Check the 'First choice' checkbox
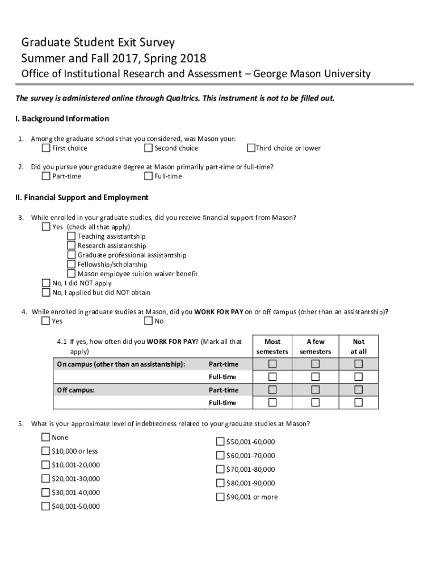click(x=46, y=148)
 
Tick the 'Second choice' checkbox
click(x=148, y=148)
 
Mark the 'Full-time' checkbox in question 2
click(x=148, y=176)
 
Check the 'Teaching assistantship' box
click(x=72, y=236)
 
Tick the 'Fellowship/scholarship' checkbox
click(x=72, y=264)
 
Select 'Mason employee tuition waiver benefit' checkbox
click(x=72, y=274)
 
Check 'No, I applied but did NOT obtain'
click(x=46, y=293)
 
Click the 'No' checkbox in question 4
click(x=148, y=321)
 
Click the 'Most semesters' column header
click(x=272, y=347)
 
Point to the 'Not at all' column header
click(x=359, y=347)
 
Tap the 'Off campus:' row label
click(x=75, y=390)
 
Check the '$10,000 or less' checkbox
click(x=45, y=451)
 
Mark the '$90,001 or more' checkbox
click(x=220, y=497)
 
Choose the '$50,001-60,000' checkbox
click(x=220, y=442)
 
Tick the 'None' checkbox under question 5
click(x=45, y=438)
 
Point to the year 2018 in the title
click(x=194, y=59)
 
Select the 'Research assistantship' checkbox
click(x=72, y=246)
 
